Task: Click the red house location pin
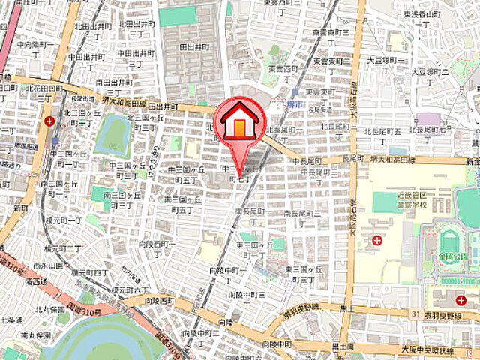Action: click(x=238, y=124)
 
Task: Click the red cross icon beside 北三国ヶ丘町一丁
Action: click(x=49, y=121)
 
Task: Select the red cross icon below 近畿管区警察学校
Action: click(x=376, y=241)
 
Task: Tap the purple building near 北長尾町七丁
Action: click(x=429, y=118)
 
